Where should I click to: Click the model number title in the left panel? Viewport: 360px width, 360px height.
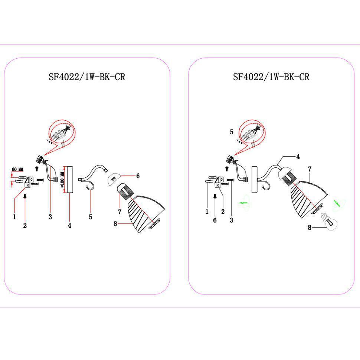pos(87,77)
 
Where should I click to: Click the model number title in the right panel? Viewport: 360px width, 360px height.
pos(271,77)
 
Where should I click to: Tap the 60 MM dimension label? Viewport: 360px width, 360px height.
pos(18,170)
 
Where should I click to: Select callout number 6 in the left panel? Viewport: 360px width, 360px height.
pos(138,176)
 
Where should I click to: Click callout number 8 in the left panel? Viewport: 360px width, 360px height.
pos(115,223)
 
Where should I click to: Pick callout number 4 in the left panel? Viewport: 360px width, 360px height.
pos(69,225)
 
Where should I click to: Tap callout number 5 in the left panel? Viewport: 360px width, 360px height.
pos(91,217)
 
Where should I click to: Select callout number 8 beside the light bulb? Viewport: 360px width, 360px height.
pos(310,228)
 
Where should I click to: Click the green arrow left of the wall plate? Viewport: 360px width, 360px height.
pos(243,203)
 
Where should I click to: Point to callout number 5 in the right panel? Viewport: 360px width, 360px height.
pos(232,132)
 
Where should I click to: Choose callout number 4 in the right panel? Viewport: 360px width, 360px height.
pos(298,157)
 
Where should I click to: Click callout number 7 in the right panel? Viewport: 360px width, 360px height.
pos(310,169)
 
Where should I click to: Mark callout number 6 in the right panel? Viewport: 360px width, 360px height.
pos(215,220)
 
